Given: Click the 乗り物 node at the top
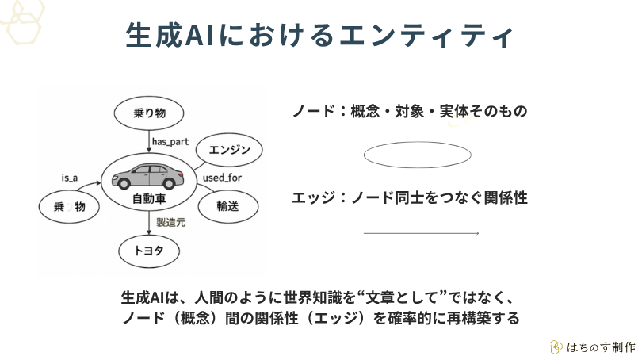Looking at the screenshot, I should [x=149, y=112].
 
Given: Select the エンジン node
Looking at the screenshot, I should [x=229, y=150].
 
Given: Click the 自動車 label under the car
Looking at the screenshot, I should [x=148, y=198].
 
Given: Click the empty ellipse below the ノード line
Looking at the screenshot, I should [x=418, y=155].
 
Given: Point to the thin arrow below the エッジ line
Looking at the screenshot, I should [x=421, y=233].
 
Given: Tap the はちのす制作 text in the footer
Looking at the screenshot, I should [x=601, y=347].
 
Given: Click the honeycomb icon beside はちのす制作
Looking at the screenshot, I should [x=556, y=347].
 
